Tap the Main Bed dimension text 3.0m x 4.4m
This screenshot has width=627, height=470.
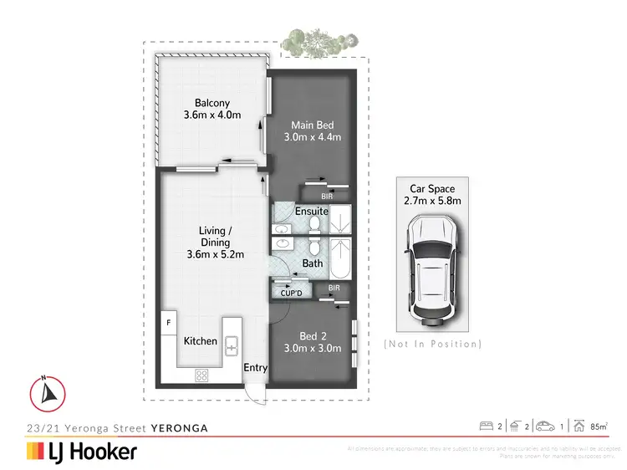313,137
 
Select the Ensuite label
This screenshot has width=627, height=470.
311,212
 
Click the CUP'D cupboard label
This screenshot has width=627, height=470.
291,293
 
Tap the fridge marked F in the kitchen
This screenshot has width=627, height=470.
168,323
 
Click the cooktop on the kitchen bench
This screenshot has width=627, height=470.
201,375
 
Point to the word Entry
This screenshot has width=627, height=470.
255,367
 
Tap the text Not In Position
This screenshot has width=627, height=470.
432,344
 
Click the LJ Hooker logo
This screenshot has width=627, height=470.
82,452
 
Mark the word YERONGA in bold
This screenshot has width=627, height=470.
179,427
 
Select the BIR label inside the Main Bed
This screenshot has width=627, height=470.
338,197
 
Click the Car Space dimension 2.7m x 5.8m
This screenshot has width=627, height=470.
432,201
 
